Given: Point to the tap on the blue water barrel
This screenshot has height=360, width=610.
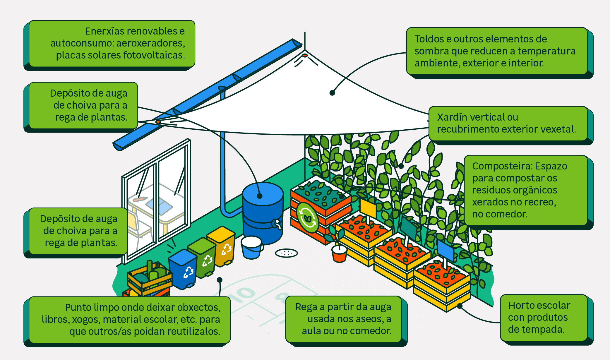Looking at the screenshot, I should (277, 224).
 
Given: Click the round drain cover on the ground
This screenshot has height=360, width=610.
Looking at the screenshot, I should (286, 253).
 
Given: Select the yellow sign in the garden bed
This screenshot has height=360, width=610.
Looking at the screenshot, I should (368, 208).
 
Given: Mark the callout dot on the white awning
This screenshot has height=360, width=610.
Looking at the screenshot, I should (332, 93).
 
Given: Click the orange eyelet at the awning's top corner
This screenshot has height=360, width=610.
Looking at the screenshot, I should (305, 55).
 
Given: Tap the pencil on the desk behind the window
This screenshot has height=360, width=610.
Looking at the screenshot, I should (140, 199).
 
